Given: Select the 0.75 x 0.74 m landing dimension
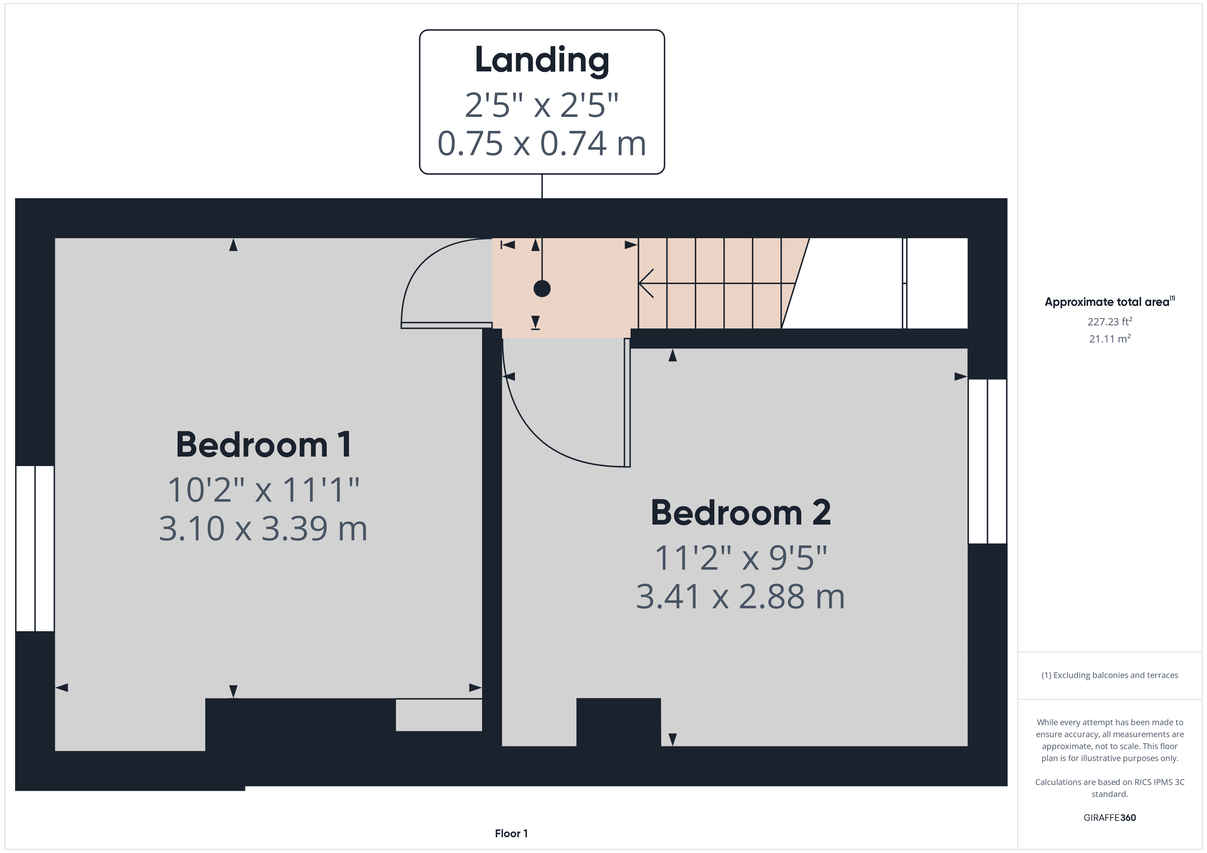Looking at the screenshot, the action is click(542, 144).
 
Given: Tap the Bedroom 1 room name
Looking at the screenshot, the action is click(263, 445).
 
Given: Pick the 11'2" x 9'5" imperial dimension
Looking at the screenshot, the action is click(741, 558).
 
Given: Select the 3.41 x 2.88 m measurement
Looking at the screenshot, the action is click(741, 597).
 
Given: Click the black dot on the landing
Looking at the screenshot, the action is click(542, 288).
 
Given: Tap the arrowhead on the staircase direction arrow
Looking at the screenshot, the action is click(646, 284).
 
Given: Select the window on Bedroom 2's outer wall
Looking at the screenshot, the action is click(988, 461).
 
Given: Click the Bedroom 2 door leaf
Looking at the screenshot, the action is click(627, 402).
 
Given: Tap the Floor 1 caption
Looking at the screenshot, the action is click(511, 834).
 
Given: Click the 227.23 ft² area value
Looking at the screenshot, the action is click(1110, 322).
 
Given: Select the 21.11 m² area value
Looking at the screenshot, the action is click(1110, 339).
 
